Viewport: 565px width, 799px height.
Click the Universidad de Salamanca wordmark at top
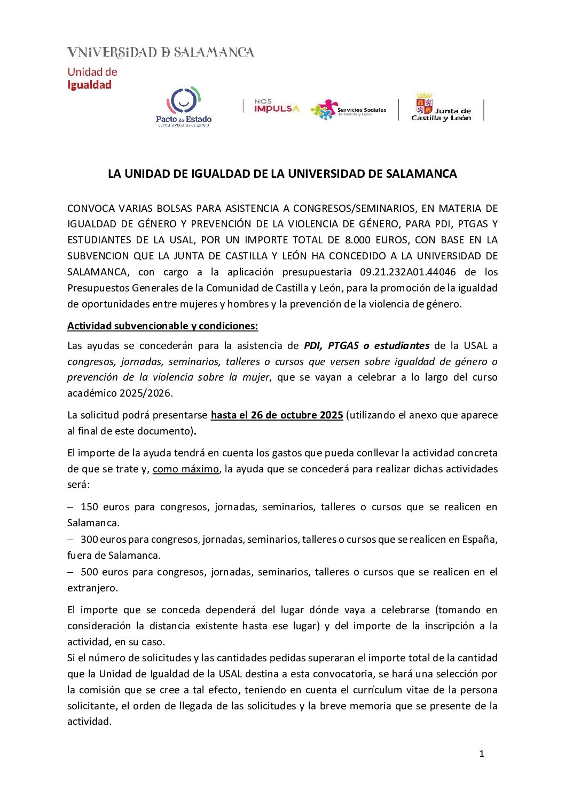(160, 52)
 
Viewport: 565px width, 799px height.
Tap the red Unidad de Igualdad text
(92, 78)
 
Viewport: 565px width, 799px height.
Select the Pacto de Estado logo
(184, 107)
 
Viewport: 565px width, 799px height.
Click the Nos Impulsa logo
(277, 106)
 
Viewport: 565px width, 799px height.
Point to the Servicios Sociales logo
(348, 110)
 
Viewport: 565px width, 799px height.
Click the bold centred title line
(282, 174)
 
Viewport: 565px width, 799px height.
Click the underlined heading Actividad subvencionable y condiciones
(162, 326)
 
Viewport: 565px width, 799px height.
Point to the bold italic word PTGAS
(343, 345)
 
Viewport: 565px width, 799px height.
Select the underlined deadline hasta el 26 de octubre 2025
(277, 415)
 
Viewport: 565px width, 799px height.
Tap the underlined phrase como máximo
(186, 469)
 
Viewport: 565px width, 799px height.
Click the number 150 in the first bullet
(89, 507)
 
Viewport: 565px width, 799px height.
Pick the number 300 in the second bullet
(89, 539)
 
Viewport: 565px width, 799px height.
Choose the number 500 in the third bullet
(89, 572)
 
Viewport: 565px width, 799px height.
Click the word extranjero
(92, 588)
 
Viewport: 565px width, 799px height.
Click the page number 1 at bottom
(482, 754)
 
